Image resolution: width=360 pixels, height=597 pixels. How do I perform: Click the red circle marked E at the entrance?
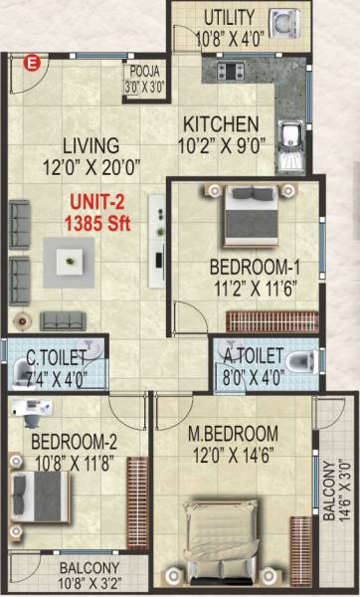point(32,65)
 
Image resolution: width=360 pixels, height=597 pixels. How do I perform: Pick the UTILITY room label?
point(230,18)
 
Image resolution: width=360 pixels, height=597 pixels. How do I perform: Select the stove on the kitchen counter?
point(222,69)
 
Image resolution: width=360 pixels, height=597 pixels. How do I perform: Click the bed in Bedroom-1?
point(244,214)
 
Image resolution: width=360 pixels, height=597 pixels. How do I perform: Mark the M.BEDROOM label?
point(234,434)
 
